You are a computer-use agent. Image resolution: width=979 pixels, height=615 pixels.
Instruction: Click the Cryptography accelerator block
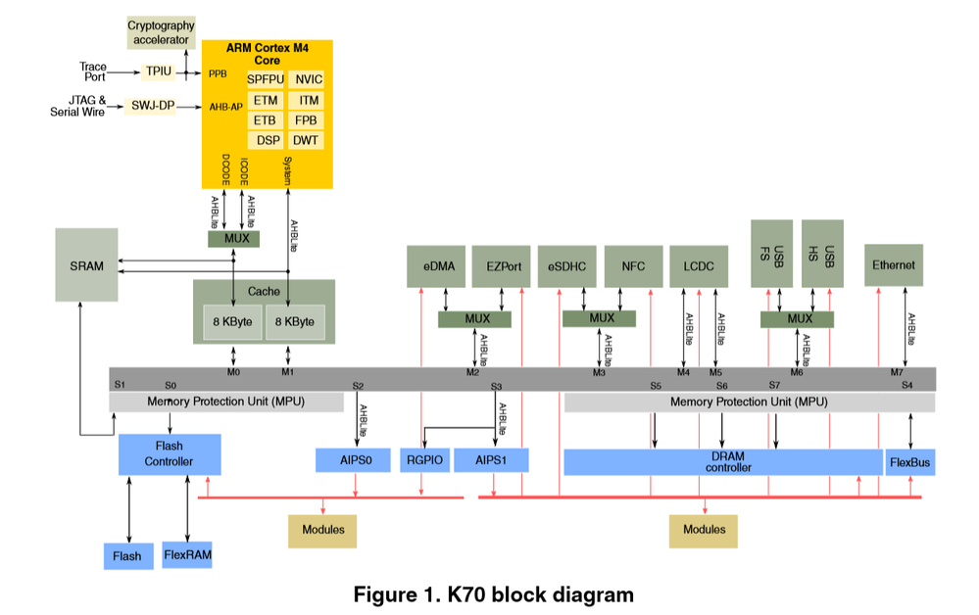pos(161,32)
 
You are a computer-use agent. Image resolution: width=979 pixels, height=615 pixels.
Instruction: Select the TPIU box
pos(158,71)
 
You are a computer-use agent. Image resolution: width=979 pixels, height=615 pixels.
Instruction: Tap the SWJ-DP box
pos(152,106)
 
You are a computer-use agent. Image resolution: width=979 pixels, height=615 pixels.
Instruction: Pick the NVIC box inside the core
pos(309,79)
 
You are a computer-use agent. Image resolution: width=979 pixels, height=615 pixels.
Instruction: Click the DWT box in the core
pos(306,141)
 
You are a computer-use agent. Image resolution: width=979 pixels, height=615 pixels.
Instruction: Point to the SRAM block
pos(86,264)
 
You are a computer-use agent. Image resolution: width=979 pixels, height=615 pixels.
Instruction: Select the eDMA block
pos(438,265)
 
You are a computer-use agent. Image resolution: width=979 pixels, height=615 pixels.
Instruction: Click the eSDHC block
pos(567,265)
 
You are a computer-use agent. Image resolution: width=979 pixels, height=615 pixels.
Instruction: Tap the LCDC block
pos(699,265)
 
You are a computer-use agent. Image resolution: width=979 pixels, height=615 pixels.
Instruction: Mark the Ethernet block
pos(894,264)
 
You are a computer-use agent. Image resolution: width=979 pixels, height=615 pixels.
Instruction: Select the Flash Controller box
pos(170,454)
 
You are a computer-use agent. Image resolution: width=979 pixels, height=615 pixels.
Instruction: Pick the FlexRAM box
pos(186,554)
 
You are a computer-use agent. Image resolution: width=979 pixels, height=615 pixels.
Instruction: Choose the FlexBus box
pos(909,461)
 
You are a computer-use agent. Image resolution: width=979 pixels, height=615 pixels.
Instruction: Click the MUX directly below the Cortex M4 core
pos(233,239)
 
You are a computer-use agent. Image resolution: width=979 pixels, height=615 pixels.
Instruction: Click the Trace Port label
pos(93,71)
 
